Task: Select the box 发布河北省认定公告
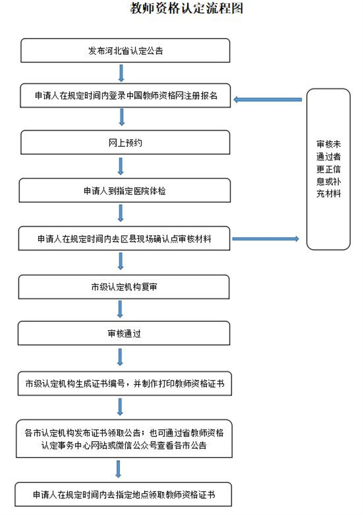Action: coord(125,51)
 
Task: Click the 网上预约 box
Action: coord(125,144)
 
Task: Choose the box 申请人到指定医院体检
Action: coord(125,190)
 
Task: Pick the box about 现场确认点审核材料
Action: coord(125,239)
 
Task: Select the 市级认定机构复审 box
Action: coord(125,287)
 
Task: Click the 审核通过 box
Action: coord(125,334)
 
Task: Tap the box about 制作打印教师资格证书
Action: coord(125,383)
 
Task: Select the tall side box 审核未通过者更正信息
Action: coord(329,169)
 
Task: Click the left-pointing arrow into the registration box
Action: coord(267,99)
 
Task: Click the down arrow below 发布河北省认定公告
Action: coord(121,73)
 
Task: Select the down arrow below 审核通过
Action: coord(121,357)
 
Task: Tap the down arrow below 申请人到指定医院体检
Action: coord(121,213)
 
